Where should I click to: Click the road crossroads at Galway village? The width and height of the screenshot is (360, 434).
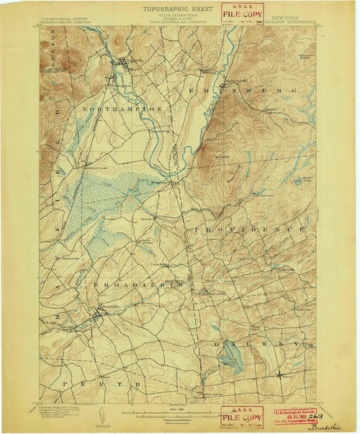click(x=279, y=374)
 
